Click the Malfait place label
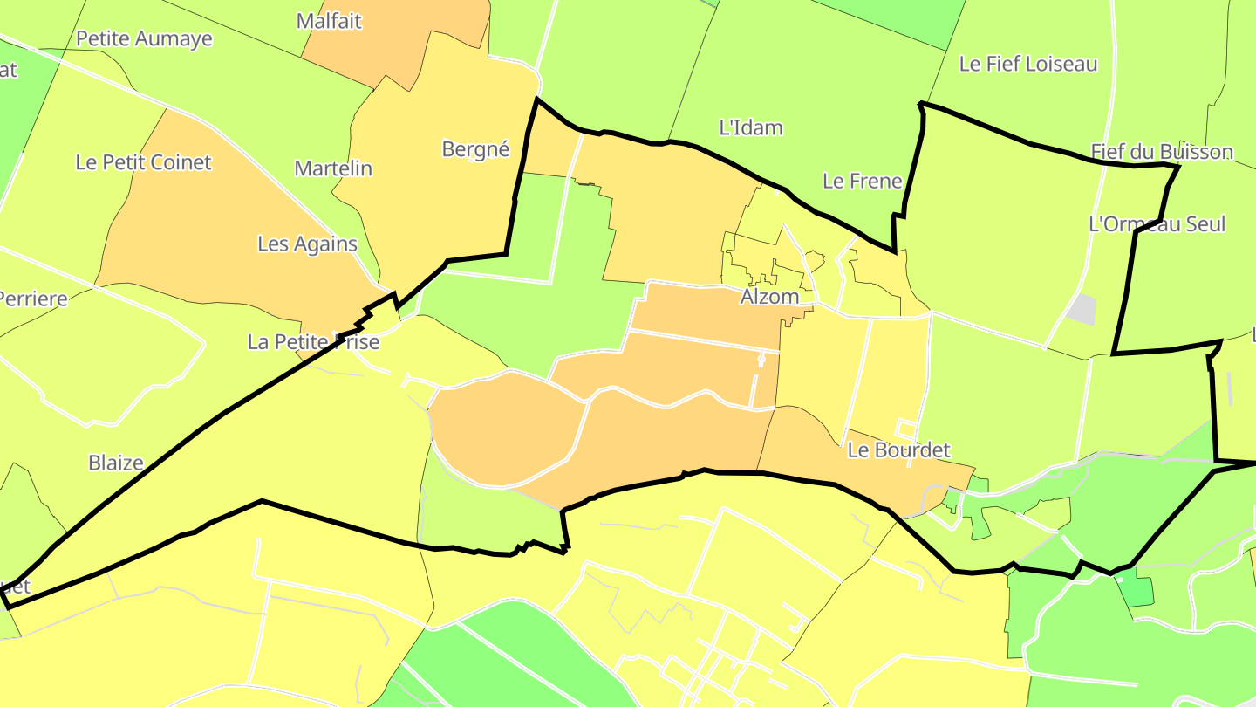coord(329,21)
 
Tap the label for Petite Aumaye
coord(144,38)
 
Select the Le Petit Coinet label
coord(143,162)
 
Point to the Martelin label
coord(333,168)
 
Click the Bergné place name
coord(475,149)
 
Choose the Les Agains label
coord(307,244)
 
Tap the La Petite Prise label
coord(313,341)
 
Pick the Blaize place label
coord(116,463)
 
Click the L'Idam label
coord(750,127)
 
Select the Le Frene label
coord(862,182)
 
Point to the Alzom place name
coord(769,297)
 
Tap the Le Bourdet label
coord(898,450)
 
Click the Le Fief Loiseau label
coord(1027,64)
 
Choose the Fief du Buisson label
coord(1162,152)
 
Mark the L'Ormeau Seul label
coord(1157,224)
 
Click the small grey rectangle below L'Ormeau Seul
coord(1082,308)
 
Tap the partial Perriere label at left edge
coord(33,299)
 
